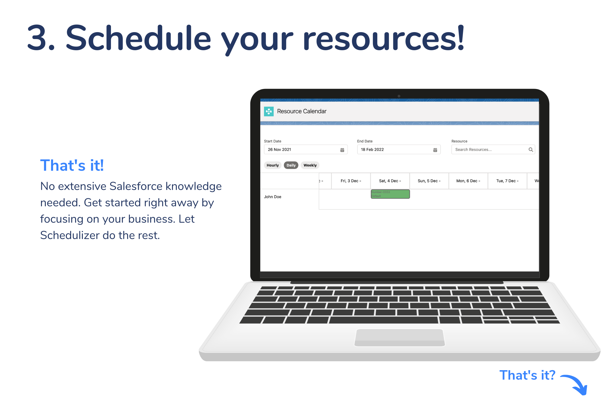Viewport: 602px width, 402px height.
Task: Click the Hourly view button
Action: pyautogui.click(x=272, y=165)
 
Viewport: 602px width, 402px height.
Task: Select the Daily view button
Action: pyautogui.click(x=291, y=165)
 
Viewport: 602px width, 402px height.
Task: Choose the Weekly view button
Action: pyautogui.click(x=310, y=165)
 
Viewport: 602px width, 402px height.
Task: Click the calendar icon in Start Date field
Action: pyautogui.click(x=342, y=150)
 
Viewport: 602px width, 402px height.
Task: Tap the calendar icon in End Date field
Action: pyautogui.click(x=435, y=150)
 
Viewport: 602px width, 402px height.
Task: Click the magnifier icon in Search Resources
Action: pyautogui.click(x=531, y=149)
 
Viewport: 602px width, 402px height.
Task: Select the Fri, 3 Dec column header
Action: pyautogui.click(x=351, y=181)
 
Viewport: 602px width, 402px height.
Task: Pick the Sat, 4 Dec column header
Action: pyautogui.click(x=390, y=181)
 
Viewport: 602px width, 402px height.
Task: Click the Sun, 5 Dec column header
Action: pyautogui.click(x=429, y=181)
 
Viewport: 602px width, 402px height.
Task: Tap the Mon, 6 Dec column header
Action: pyautogui.click(x=468, y=181)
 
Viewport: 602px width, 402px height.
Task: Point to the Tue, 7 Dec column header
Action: pyautogui.click(x=507, y=181)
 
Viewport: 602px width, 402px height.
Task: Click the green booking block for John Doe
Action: pyautogui.click(x=390, y=194)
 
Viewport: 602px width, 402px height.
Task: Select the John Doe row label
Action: pyautogui.click(x=273, y=197)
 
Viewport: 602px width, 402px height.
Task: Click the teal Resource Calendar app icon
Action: pyautogui.click(x=269, y=111)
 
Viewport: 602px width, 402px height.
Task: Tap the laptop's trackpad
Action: pyautogui.click(x=400, y=337)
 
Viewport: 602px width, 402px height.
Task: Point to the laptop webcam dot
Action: pyautogui.click(x=399, y=96)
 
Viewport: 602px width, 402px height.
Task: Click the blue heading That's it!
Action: pyautogui.click(x=72, y=166)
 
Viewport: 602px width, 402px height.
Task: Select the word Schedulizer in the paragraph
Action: pyautogui.click(x=70, y=235)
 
